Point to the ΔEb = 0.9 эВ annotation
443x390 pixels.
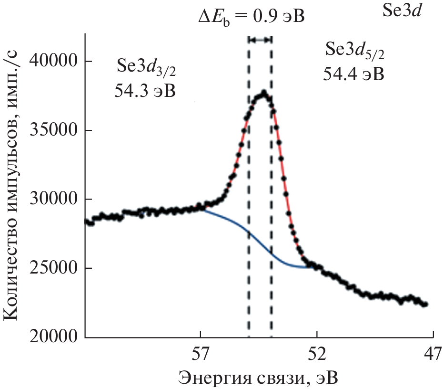[x=251, y=18]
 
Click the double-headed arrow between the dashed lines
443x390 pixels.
[x=260, y=40]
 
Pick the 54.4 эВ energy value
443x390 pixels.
[x=353, y=74]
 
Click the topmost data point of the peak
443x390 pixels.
[x=263, y=92]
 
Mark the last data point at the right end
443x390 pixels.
[x=426, y=304]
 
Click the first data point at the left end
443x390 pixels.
[x=87, y=221]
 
